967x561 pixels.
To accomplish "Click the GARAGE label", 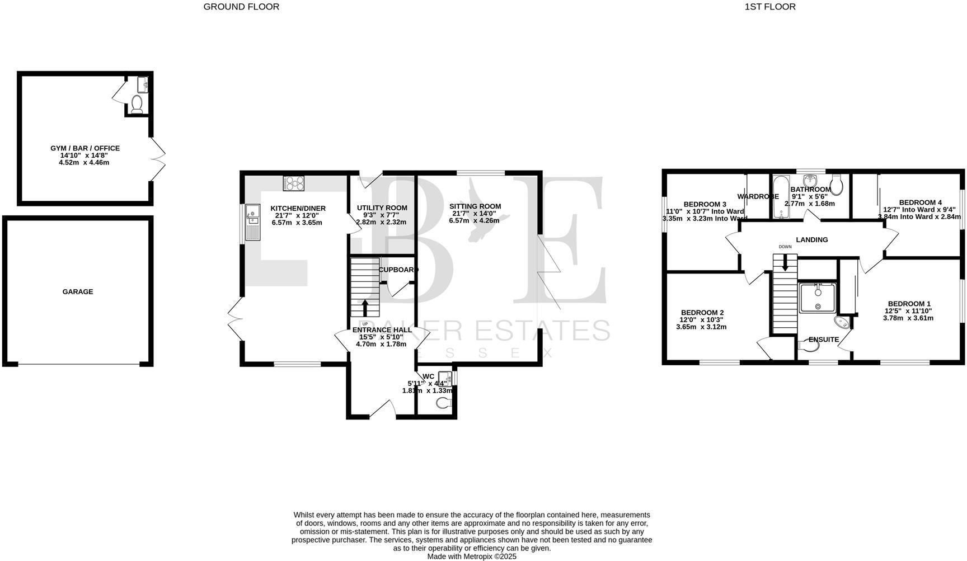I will (77, 292).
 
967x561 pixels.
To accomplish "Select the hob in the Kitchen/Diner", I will (294, 183).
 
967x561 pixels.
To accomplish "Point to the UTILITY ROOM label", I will (382, 208).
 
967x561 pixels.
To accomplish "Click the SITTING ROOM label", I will (475, 206).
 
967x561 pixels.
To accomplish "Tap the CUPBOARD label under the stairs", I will (398, 270).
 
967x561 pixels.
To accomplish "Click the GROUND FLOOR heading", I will (241, 7).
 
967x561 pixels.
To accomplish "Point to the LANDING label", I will (811, 240).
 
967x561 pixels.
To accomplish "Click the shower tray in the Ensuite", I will (818, 298).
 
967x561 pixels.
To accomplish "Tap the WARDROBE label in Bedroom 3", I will (758, 197).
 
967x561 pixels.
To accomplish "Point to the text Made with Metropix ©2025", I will (472, 557).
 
